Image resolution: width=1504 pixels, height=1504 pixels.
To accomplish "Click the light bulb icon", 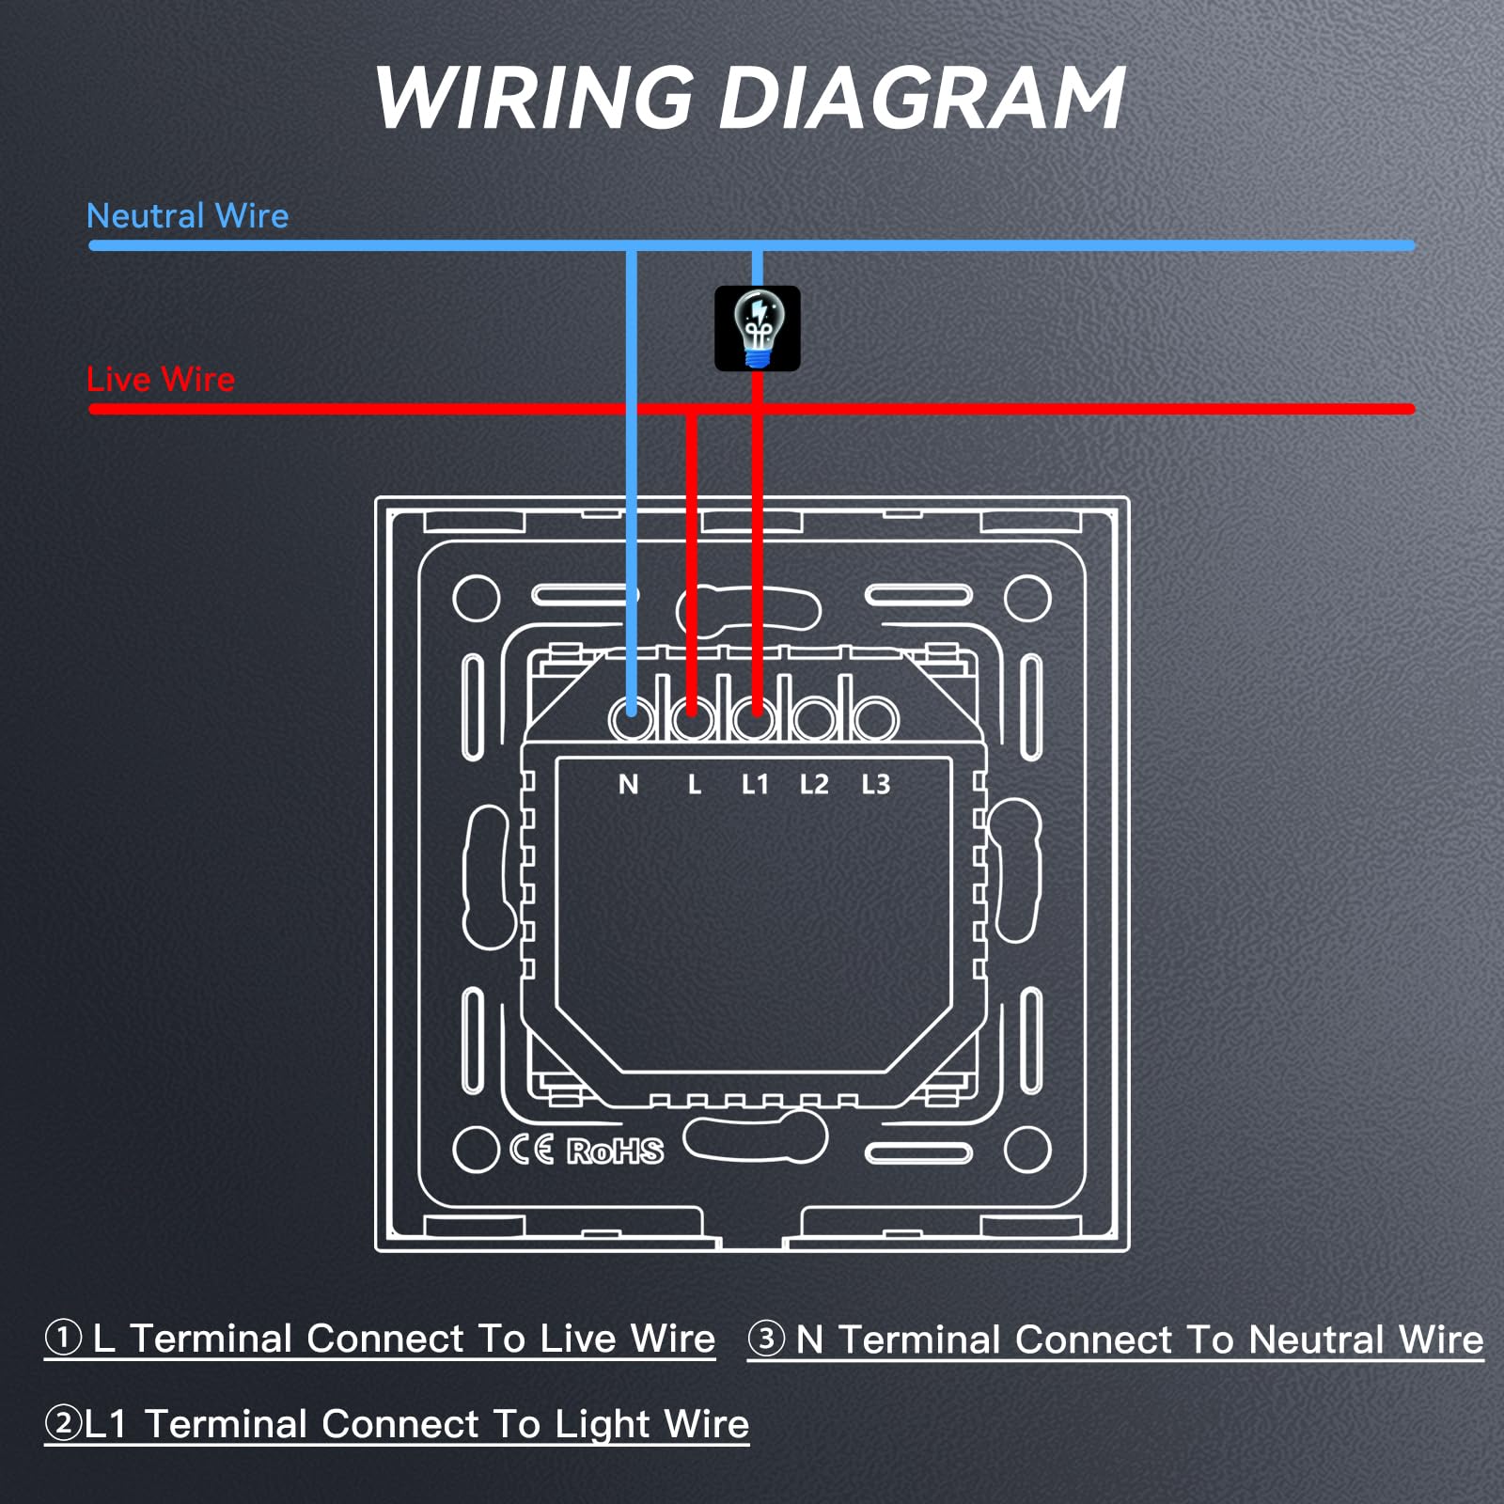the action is (x=758, y=328).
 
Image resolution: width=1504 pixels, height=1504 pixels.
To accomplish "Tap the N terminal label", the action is (x=629, y=784).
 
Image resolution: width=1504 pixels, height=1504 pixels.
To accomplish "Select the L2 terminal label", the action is (x=814, y=784).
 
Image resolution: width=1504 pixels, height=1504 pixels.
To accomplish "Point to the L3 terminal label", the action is (x=875, y=784).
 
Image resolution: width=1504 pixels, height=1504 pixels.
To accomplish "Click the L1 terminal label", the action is (x=755, y=784).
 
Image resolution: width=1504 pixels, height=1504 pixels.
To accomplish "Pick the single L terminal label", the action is (x=695, y=784).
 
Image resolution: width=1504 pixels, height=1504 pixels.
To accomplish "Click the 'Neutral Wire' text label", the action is (x=187, y=216).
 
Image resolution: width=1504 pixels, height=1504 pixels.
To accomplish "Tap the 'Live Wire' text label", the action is (x=161, y=380).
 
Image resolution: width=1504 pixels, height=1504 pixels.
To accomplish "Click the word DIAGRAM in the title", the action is (x=921, y=98).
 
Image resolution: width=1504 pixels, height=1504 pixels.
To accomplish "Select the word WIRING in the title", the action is (x=534, y=98).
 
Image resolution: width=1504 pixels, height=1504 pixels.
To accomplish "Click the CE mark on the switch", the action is (x=532, y=1150).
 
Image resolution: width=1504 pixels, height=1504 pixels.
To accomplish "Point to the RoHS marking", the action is (x=615, y=1151).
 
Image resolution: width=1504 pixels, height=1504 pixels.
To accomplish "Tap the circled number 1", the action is (x=64, y=1337).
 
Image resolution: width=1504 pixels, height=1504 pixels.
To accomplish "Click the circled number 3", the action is (x=767, y=1338).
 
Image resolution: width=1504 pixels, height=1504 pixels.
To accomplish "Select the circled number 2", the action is (x=64, y=1422).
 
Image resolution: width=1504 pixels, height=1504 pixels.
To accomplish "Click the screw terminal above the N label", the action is (x=632, y=718).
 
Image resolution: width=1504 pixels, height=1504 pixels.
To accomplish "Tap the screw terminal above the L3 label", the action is (x=875, y=718).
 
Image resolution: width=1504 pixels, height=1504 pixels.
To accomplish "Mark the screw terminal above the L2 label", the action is (x=814, y=718).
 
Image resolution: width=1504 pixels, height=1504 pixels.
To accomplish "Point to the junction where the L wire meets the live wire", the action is (x=692, y=410).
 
